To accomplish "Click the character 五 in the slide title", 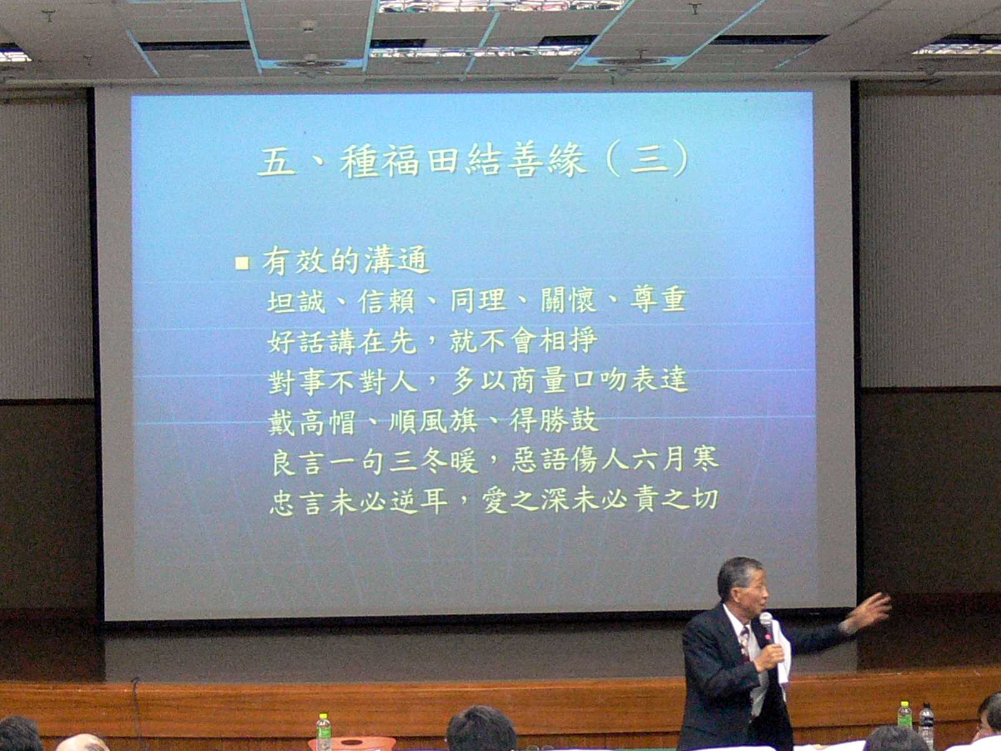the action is [277, 161].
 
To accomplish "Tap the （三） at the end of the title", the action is [648, 159].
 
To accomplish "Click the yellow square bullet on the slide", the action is [242, 263].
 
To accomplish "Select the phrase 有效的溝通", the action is [346, 260].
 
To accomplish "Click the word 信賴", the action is [387, 301].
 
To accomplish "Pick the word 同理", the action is [478, 300].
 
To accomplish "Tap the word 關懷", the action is [568, 300].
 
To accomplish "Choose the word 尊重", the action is [659, 300].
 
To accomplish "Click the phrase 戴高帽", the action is [312, 422].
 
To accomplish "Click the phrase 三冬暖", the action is [434, 461].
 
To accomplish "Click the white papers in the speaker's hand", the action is [783, 653].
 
